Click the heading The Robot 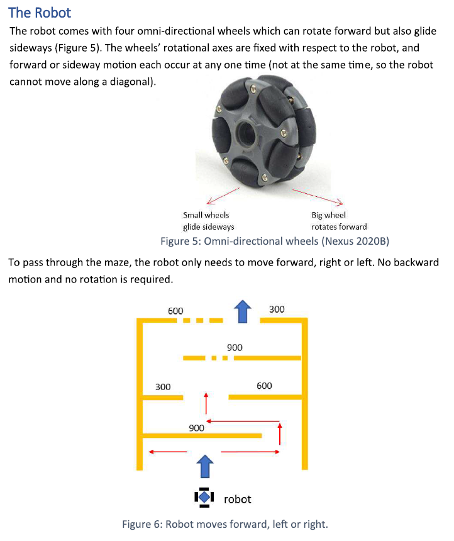coord(40,13)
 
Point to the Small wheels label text coord(206,215)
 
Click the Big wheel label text coord(329,215)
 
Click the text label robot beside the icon coord(238,499)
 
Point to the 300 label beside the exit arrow coord(276,309)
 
